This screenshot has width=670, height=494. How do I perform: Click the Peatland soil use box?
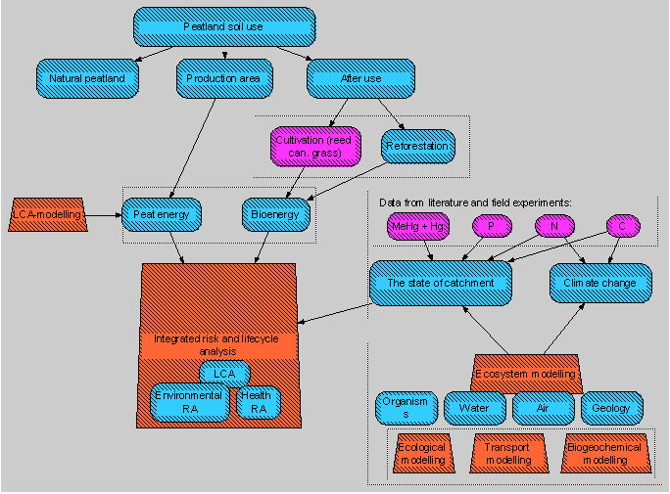[223, 26]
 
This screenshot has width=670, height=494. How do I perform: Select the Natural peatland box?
[86, 78]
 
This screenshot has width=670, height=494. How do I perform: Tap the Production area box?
[222, 78]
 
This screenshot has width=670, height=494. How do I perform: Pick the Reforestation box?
[417, 147]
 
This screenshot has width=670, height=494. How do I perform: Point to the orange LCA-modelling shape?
[47, 212]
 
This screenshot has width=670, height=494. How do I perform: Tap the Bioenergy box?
[276, 213]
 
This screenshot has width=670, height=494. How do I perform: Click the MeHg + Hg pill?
[417, 227]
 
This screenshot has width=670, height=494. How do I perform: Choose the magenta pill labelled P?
[491, 227]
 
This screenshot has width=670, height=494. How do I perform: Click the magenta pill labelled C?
[621, 227]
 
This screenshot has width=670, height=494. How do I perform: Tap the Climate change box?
[599, 283]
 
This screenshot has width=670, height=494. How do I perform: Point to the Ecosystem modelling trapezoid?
[527, 373]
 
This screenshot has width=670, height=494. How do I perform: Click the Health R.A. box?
[257, 403]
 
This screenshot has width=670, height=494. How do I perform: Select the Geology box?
[613, 408]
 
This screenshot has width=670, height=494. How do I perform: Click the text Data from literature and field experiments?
[474, 202]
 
